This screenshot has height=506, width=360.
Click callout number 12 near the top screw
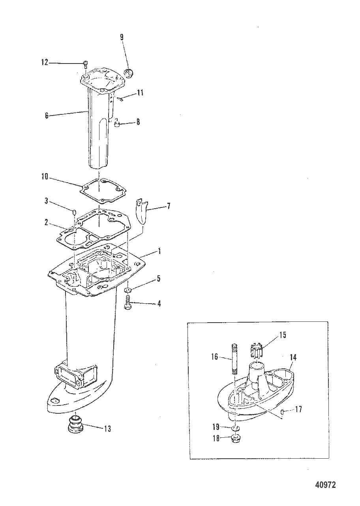point(44,62)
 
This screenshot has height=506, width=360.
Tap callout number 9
point(122,37)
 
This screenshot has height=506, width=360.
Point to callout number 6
point(47,116)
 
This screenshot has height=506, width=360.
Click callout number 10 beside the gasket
point(45,177)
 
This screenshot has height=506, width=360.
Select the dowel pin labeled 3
point(74,213)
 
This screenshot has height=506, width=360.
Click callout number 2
point(47,222)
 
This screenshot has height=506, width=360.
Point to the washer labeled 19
point(236,429)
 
